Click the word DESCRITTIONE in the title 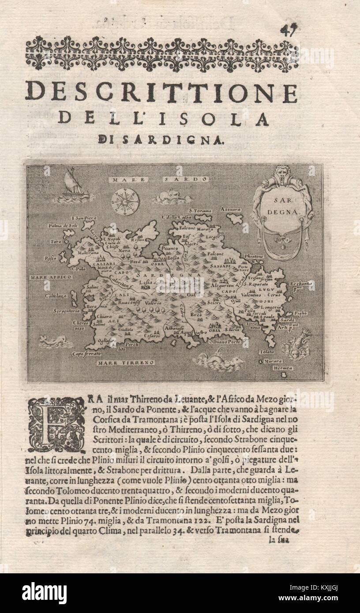tap(161, 92)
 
